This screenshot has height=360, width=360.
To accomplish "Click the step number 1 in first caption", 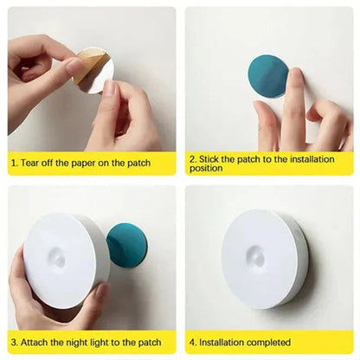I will (14, 162).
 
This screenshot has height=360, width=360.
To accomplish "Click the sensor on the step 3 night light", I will (57, 257).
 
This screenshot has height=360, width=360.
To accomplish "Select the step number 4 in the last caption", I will (194, 343).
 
